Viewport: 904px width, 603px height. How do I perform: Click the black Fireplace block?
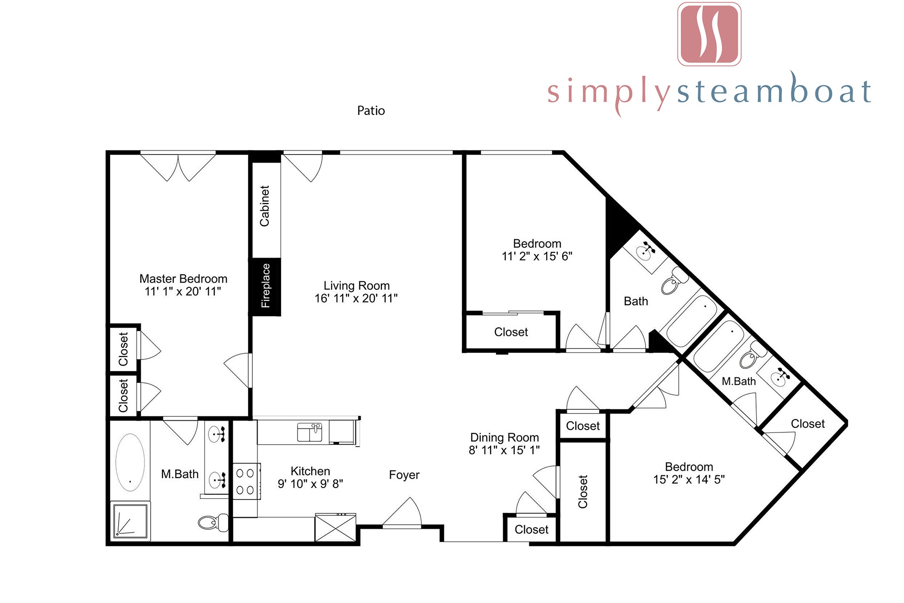pyautogui.click(x=266, y=286)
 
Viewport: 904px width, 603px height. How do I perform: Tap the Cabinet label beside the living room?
pyautogui.click(x=265, y=206)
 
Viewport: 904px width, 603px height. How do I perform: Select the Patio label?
pyautogui.click(x=371, y=111)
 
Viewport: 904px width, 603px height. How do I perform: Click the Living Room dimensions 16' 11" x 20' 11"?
pyautogui.click(x=356, y=298)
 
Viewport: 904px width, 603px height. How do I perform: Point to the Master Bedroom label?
pyautogui.click(x=183, y=279)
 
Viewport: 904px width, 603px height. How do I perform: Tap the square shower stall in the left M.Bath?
pyautogui.click(x=130, y=521)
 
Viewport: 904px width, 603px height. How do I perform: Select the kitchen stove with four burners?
pyautogui.click(x=245, y=481)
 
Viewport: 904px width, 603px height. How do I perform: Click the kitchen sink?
pyautogui.click(x=310, y=432)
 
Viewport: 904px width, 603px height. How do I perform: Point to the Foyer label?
pyautogui.click(x=404, y=475)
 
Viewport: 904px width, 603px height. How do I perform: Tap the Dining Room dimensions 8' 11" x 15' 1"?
pyautogui.click(x=504, y=450)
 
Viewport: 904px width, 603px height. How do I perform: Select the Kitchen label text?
pyautogui.click(x=310, y=471)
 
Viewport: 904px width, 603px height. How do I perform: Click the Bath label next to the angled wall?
pyautogui.click(x=636, y=301)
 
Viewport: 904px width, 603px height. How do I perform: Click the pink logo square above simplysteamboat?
pyautogui.click(x=710, y=34)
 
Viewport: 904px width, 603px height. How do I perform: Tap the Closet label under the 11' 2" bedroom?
pyautogui.click(x=511, y=332)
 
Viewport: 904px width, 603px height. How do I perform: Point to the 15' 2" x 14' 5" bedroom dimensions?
pyautogui.click(x=689, y=480)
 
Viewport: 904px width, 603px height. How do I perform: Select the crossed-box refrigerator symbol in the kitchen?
pyautogui.click(x=335, y=528)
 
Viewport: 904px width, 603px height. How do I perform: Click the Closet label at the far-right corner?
pyautogui.click(x=807, y=424)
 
